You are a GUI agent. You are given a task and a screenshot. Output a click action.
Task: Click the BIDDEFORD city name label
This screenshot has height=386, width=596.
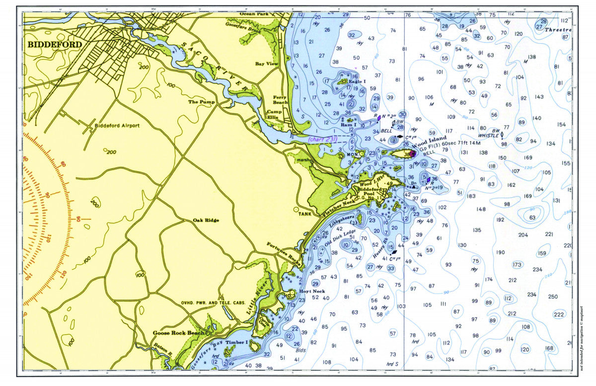click(x=54, y=44)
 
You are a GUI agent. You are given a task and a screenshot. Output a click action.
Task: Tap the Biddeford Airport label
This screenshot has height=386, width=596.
click(x=117, y=126)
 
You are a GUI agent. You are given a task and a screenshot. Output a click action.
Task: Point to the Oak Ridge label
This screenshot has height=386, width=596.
click(x=206, y=220)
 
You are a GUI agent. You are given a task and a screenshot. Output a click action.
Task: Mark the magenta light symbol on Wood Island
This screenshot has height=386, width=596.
click(x=412, y=154)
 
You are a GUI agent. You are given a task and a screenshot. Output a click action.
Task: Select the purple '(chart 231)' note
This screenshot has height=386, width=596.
click(x=323, y=140)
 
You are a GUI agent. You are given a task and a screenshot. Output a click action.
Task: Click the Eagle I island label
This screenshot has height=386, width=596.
click(x=357, y=81)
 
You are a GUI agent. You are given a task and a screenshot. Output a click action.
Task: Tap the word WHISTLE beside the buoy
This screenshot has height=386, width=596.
click(x=488, y=135)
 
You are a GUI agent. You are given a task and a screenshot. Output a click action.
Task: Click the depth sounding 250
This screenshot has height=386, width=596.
click(x=553, y=297)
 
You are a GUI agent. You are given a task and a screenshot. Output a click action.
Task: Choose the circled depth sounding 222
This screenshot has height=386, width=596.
click(x=559, y=314)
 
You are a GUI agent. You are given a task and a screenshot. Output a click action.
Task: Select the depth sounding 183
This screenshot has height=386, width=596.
click(x=471, y=196)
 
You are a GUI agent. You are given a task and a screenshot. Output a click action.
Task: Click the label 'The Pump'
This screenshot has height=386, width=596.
click(x=199, y=102)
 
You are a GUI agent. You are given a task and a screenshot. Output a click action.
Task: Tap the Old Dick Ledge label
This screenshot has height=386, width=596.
click(x=340, y=238)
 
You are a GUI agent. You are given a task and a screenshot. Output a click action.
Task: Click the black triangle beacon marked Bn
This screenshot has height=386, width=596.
click(x=413, y=187)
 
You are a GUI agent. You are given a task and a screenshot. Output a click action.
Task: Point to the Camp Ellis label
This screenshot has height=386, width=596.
click(x=274, y=115)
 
